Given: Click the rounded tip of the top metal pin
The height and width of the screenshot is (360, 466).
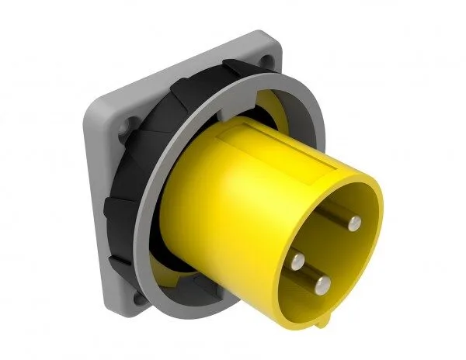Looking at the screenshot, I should [x=356, y=223].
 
